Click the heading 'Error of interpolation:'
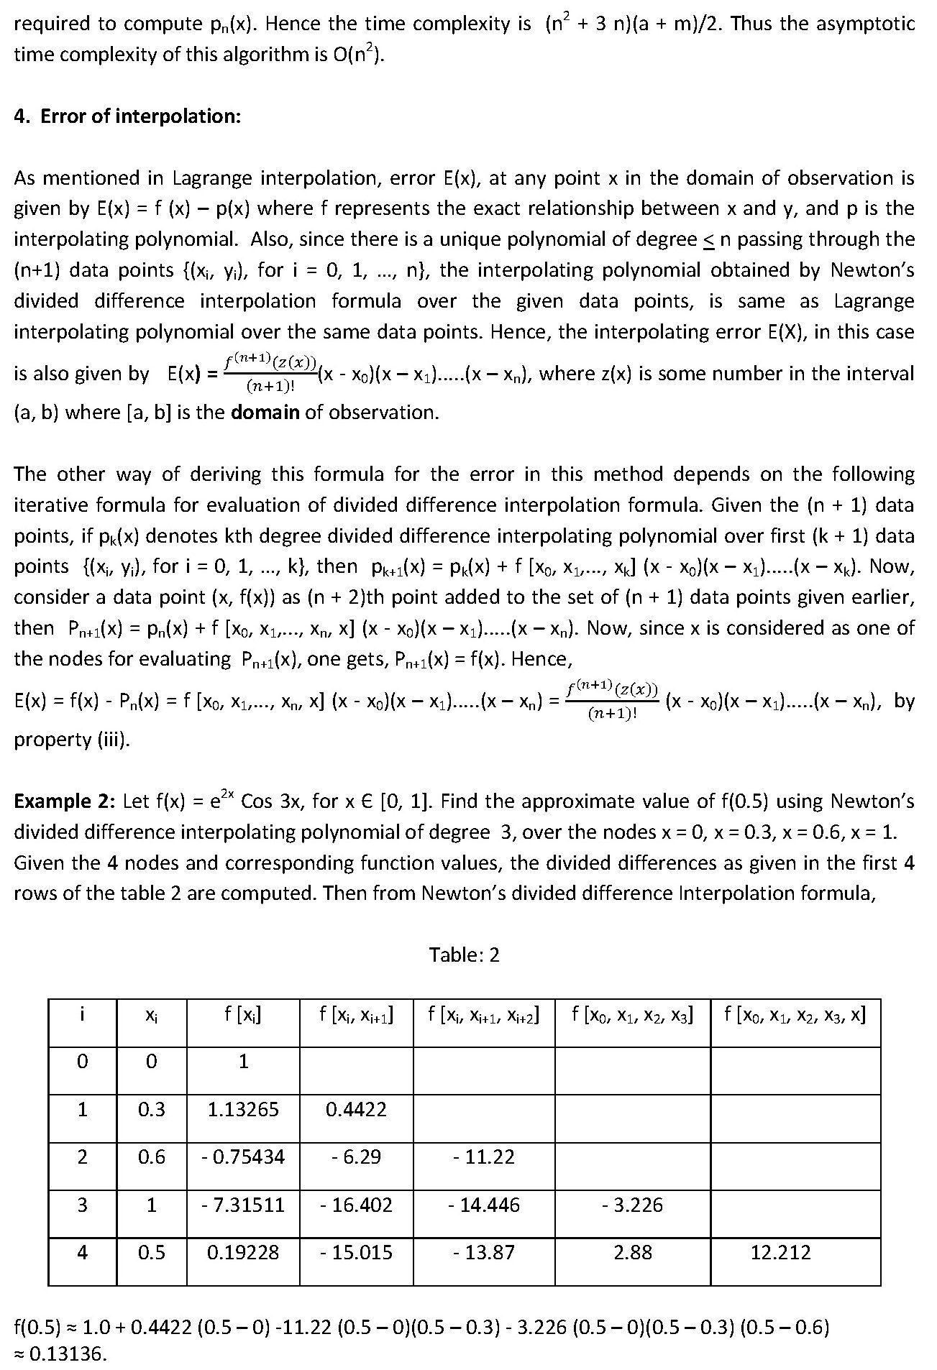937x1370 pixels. point(140,116)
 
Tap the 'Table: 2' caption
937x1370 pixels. point(464,955)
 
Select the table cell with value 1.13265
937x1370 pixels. point(243,1109)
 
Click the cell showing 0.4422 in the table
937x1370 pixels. point(356,1109)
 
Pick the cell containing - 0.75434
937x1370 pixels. point(243,1157)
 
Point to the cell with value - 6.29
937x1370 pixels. point(356,1157)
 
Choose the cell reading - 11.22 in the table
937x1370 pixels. point(484,1157)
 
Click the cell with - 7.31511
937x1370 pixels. point(243,1205)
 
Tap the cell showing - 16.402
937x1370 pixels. point(356,1205)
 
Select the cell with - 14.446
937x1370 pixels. point(484,1205)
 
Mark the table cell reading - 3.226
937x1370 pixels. point(633,1205)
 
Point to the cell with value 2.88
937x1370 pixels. point(633,1252)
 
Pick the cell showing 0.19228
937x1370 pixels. point(243,1252)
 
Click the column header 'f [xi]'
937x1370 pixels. point(243,1015)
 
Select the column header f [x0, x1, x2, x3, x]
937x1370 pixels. point(795,1015)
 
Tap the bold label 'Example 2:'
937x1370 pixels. point(64,801)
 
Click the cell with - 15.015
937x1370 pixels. point(356,1252)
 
